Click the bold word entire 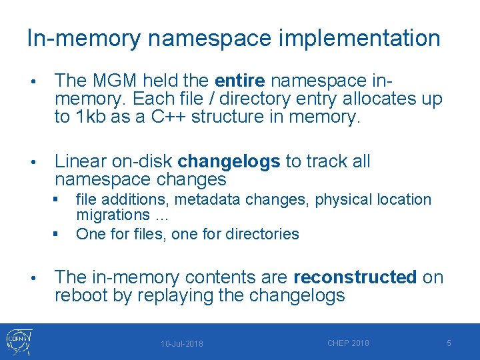[240, 81]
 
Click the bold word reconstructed [355, 277]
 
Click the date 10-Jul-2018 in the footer [182, 344]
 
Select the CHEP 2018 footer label [348, 343]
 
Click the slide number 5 [449, 343]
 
